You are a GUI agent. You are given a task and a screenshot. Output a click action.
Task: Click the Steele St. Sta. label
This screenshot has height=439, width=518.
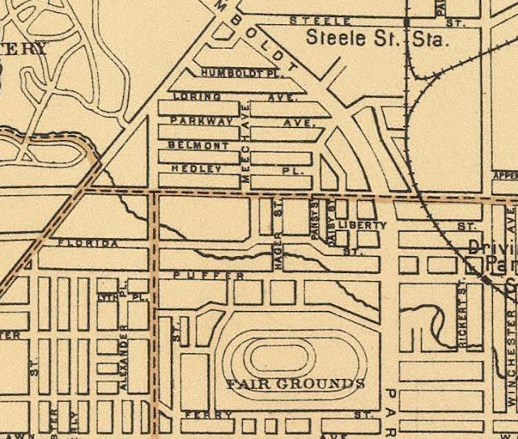point(376,38)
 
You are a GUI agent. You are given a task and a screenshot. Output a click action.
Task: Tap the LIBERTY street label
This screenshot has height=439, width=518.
point(363,224)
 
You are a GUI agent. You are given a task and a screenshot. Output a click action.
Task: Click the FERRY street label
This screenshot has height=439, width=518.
point(197,414)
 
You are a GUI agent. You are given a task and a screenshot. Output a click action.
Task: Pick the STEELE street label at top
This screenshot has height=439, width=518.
point(321,20)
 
